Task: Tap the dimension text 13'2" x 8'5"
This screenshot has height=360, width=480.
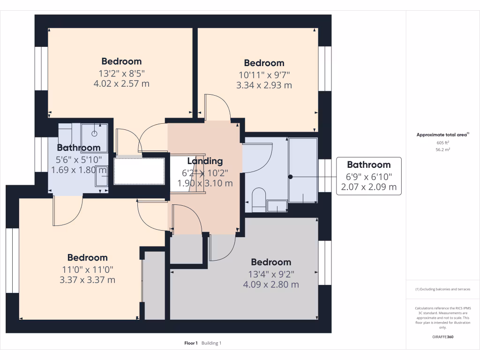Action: coord(121,73)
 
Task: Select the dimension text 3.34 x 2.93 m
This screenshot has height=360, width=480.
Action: coord(264,85)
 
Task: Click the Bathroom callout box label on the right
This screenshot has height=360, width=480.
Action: coord(368,165)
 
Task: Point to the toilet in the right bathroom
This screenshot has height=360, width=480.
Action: coord(258,197)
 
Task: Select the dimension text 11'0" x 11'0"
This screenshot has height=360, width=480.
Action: coord(87,270)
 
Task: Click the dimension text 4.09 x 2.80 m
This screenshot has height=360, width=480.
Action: coord(271,285)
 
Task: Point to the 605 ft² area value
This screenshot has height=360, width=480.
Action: coord(442,142)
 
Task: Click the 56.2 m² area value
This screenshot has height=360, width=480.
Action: coord(442,150)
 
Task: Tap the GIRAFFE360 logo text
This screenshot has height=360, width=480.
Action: coord(442,337)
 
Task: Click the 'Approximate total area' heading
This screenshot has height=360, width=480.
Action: coord(442,135)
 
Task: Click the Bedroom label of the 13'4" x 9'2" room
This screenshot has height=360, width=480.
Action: coord(271,262)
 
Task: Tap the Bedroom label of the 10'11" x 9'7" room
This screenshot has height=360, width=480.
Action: coord(264,63)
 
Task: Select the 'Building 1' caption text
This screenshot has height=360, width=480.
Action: coord(211,343)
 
